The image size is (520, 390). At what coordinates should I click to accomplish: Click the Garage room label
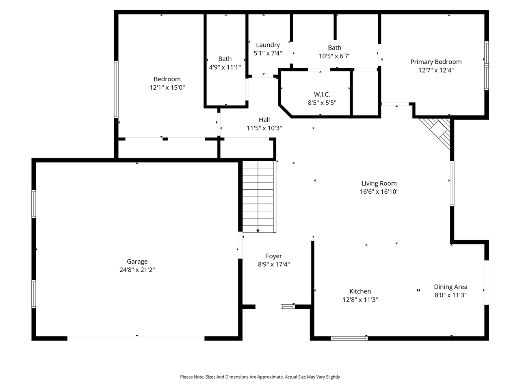[137, 262]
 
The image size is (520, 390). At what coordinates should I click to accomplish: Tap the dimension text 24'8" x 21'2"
[137, 270]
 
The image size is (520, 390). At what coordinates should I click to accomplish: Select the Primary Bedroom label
[436, 62]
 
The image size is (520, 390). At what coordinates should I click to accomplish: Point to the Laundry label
[268, 45]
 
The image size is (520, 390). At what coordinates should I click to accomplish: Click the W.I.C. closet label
[322, 94]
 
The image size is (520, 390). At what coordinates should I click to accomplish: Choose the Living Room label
[379, 183]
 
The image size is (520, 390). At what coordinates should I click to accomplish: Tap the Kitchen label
[360, 291]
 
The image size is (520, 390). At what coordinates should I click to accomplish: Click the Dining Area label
[451, 287]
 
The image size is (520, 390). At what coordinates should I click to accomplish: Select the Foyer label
[274, 256]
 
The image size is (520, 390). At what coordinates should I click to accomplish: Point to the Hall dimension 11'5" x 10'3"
[264, 128]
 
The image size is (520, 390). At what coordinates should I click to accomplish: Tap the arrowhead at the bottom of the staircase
[258, 231]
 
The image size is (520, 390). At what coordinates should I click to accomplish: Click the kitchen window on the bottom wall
[349, 338]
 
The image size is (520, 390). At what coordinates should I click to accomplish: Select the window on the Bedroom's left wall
[116, 89]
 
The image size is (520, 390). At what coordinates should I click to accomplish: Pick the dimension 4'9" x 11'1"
[225, 67]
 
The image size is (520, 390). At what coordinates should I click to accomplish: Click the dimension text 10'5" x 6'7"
[334, 56]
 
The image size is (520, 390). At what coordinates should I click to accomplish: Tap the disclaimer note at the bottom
[260, 377]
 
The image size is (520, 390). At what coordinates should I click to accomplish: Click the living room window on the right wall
[452, 183]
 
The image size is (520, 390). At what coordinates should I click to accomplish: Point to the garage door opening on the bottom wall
[136, 338]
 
